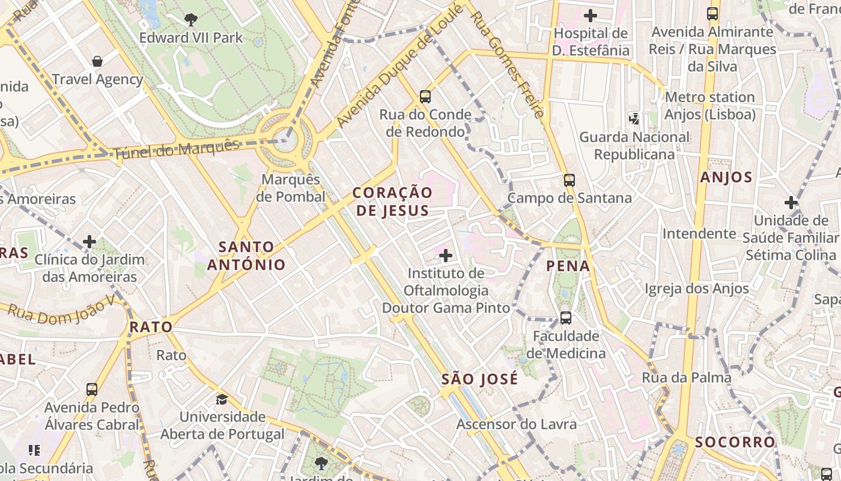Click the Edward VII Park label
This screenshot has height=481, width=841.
(x=191, y=38)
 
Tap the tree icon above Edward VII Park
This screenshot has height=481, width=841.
(x=191, y=20)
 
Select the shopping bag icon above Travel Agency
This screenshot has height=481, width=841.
(x=97, y=61)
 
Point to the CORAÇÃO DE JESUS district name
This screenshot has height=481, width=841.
(x=392, y=201)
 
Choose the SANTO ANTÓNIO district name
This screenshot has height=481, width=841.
(x=246, y=256)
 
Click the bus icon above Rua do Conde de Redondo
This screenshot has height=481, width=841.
(x=425, y=96)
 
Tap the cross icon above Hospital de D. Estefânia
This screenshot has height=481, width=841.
(x=591, y=15)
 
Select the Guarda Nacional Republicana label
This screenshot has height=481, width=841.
(x=634, y=146)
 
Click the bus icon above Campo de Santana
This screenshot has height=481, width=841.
(x=569, y=180)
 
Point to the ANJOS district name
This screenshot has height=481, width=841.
(x=726, y=177)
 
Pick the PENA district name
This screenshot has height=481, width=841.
(x=568, y=266)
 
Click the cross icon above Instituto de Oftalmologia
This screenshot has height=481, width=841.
(x=445, y=256)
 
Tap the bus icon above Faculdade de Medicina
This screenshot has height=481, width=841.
(x=565, y=318)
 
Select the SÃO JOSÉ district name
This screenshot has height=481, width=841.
(x=479, y=379)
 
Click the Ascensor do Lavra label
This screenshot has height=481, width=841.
(x=517, y=424)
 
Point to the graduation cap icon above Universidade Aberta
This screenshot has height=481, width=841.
(x=222, y=399)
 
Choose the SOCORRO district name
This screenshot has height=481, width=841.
(x=735, y=443)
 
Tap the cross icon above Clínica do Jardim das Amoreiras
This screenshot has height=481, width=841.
(x=90, y=242)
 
